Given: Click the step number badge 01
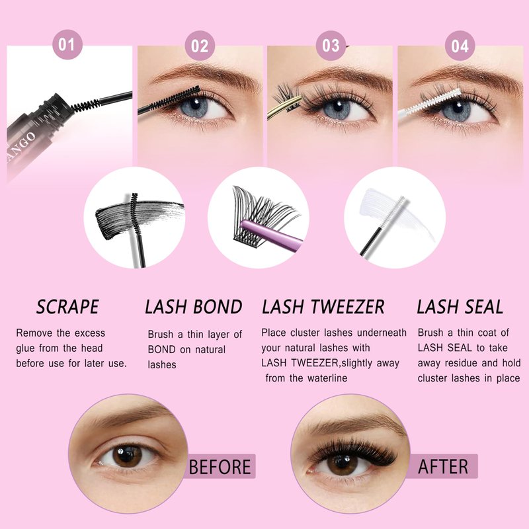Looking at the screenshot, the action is [x=67, y=44].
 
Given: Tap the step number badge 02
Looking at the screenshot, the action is [x=200, y=46].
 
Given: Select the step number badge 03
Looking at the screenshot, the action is [x=331, y=46].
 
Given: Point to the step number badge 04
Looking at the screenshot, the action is [x=460, y=46].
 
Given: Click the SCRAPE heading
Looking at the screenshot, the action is [x=67, y=307].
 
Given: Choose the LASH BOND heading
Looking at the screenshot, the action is [x=194, y=307].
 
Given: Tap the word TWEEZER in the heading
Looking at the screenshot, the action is [x=348, y=307].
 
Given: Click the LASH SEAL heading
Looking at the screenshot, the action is [x=460, y=307].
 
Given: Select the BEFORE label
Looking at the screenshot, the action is [x=220, y=467].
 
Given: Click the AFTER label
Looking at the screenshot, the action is [x=443, y=467].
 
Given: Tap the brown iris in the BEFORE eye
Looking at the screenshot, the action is [x=127, y=456].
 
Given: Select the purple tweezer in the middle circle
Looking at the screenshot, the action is [x=272, y=232].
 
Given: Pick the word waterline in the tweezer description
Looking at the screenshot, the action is [x=327, y=378].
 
